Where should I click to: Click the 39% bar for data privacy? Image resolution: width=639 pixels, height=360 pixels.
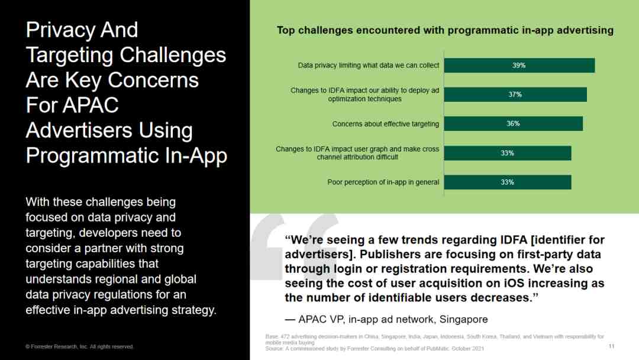519,65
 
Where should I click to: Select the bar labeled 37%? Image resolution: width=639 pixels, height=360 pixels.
515,95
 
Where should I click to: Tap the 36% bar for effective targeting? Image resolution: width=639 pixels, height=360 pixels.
514,124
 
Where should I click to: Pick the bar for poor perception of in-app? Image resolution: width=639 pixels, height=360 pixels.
508,182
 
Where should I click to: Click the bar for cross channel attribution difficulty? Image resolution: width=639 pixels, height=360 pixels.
508,153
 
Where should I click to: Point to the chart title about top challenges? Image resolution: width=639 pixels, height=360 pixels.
445,30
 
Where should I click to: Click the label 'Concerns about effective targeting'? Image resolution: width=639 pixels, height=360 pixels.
386,124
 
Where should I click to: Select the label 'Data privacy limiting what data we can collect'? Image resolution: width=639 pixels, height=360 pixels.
369,65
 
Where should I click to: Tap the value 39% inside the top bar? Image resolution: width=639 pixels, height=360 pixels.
519,65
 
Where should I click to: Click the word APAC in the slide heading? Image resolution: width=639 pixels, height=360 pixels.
91,105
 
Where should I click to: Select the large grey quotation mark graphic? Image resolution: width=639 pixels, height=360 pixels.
294,246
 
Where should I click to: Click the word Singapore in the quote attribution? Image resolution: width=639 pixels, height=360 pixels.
463,319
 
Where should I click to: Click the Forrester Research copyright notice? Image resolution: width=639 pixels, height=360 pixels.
79,346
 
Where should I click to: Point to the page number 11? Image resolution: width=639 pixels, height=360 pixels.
611,346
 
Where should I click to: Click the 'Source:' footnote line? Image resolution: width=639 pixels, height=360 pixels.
375,349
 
